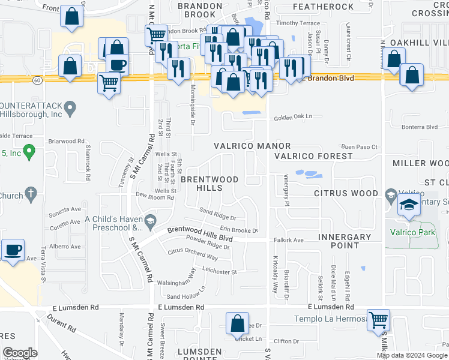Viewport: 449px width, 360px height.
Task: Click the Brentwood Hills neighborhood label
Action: point(209,184)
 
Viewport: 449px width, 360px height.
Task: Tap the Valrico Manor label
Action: point(253,146)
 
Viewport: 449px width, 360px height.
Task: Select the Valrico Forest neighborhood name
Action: point(313,156)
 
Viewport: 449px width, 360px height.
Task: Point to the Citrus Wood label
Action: point(346,194)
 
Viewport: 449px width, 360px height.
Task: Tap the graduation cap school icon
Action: point(409,205)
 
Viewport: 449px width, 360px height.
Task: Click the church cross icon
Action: point(31,194)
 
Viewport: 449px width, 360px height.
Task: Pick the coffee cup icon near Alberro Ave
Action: point(13,249)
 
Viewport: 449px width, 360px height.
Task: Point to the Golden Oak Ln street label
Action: point(294,118)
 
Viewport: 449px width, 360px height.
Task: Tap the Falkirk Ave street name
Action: point(290,239)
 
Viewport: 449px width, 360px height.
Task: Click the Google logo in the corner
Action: point(20,353)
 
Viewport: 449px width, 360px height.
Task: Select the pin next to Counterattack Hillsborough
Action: point(71,109)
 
